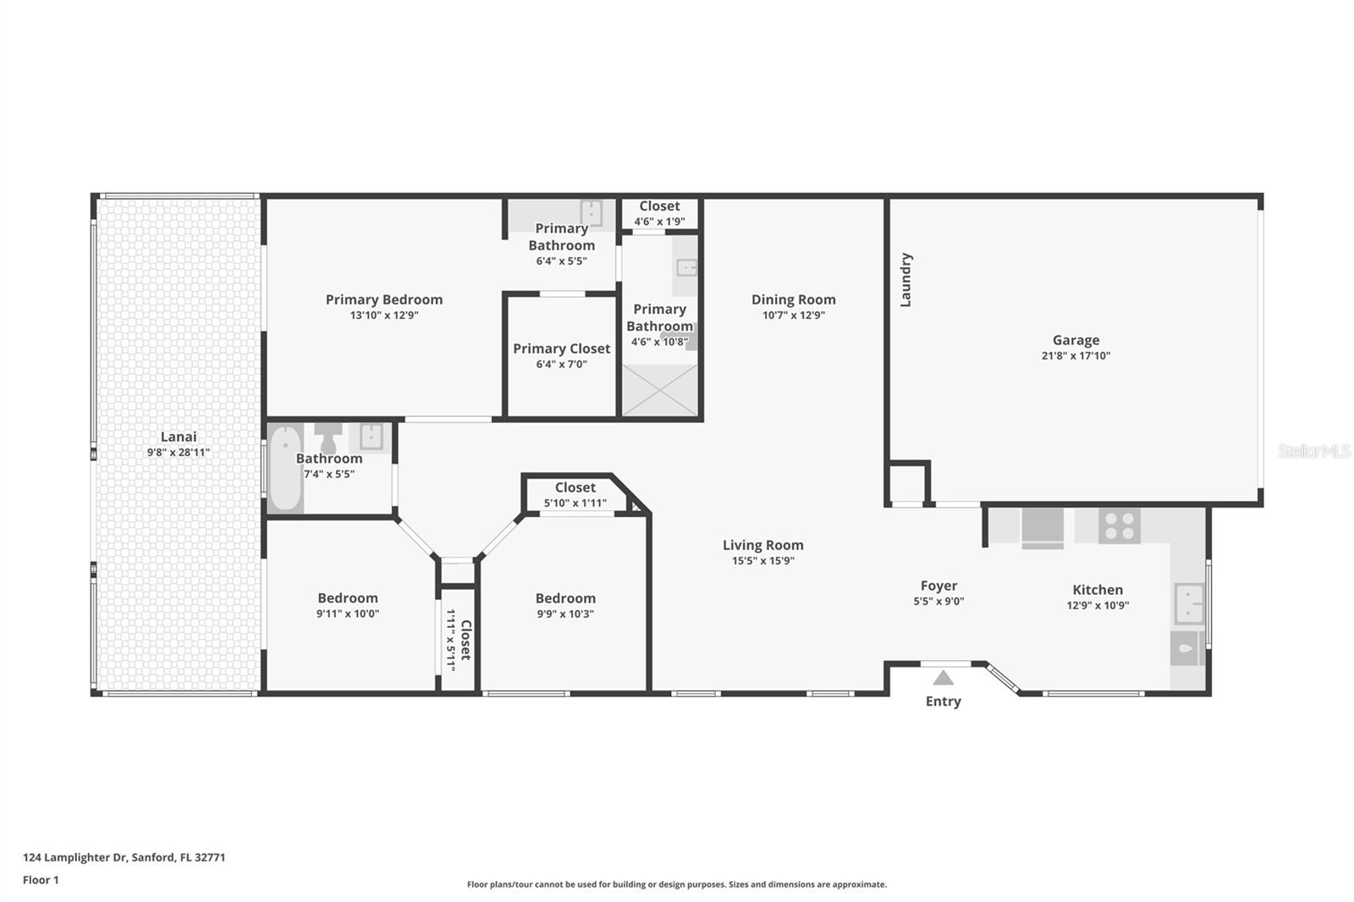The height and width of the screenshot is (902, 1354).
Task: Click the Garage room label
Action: click(x=1076, y=340)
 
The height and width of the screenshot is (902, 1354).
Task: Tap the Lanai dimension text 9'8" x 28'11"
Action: click(x=179, y=452)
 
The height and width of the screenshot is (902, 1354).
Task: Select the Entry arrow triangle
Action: click(x=943, y=678)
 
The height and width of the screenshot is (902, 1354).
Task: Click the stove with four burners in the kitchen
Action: click(x=1120, y=526)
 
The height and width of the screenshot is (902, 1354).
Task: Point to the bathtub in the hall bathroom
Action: click(x=284, y=469)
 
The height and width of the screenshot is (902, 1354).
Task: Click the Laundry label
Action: click(x=905, y=280)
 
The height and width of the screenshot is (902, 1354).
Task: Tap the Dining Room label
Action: click(x=793, y=300)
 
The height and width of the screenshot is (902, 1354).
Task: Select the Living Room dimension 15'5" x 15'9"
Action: click(x=762, y=560)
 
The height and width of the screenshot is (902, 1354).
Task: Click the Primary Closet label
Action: click(x=562, y=349)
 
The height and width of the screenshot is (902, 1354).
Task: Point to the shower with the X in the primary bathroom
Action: click(x=659, y=390)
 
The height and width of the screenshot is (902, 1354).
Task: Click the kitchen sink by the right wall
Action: click(x=1189, y=603)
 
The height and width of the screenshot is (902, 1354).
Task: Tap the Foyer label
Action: click(x=938, y=586)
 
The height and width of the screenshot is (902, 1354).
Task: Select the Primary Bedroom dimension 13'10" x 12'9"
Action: click(x=384, y=315)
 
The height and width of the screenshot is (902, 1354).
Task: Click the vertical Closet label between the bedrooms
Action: click(x=465, y=640)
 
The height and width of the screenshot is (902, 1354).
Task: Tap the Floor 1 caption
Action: click(x=41, y=880)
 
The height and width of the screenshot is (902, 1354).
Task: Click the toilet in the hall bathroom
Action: click(x=328, y=437)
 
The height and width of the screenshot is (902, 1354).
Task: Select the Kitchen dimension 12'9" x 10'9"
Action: click(x=1098, y=605)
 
